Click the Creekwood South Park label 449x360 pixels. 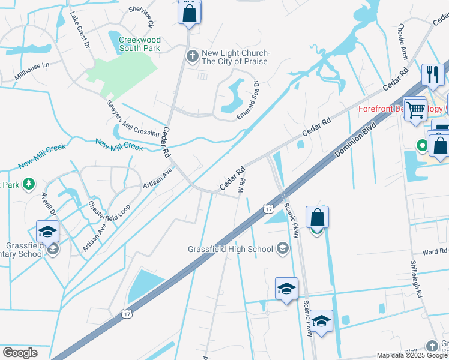[x=140, y=43]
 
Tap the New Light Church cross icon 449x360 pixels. [x=193, y=57]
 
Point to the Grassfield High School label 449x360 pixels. [x=231, y=249]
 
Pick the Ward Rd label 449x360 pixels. [x=435, y=252]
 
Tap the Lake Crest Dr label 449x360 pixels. [x=79, y=29]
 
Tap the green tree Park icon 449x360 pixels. [x=28, y=185]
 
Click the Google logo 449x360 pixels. [x=20, y=352]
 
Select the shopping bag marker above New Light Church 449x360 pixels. [x=189, y=13]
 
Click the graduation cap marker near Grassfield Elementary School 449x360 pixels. [x=48, y=232]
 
